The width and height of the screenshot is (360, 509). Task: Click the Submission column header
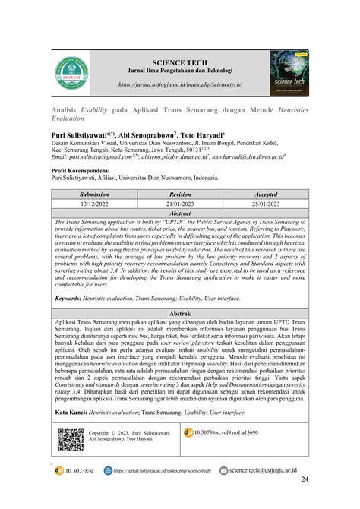coord(88,194)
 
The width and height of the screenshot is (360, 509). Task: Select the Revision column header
coord(180,194)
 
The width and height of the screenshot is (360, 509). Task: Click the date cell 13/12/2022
coord(88,204)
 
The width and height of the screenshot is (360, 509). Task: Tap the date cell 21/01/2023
coord(180,204)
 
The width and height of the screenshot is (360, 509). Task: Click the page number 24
coord(305,479)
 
